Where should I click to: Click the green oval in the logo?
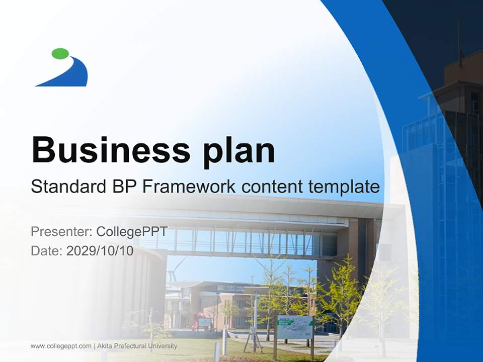point(60,53)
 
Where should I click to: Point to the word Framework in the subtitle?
point(189,187)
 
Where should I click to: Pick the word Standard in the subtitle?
point(66,187)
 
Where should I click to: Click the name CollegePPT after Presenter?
point(132,232)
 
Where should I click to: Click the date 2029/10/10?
point(100,250)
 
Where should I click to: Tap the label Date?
point(47,250)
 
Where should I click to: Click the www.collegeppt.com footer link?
point(61,346)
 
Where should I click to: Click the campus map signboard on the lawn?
point(295,327)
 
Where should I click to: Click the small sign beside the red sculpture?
point(205,322)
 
